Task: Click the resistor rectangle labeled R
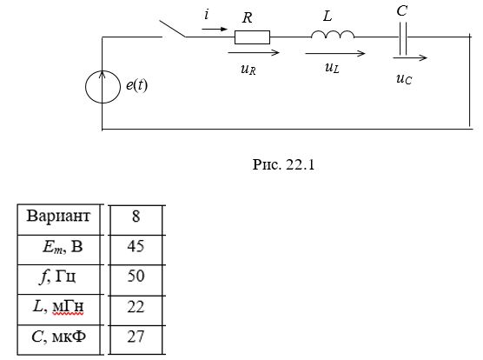coord(252,37)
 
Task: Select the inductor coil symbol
coord(333,34)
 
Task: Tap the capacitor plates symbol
coord(403,38)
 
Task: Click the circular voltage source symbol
coord(103,87)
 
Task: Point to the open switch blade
coord(172,29)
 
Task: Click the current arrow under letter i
coord(215,30)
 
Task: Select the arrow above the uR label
coord(254,53)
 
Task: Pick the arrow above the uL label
coord(334,53)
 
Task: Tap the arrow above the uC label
coord(410,57)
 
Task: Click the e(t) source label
coord(136,85)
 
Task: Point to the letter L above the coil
coord(328,16)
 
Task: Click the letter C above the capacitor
coord(402,10)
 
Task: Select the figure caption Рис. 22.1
coord(283,164)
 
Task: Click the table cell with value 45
coord(136,250)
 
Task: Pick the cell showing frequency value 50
coord(136,279)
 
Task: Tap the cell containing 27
coord(136,340)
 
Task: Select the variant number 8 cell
coord(136,220)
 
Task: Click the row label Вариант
coord(58,216)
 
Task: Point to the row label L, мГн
coord(58,307)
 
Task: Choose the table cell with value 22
coord(136,310)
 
